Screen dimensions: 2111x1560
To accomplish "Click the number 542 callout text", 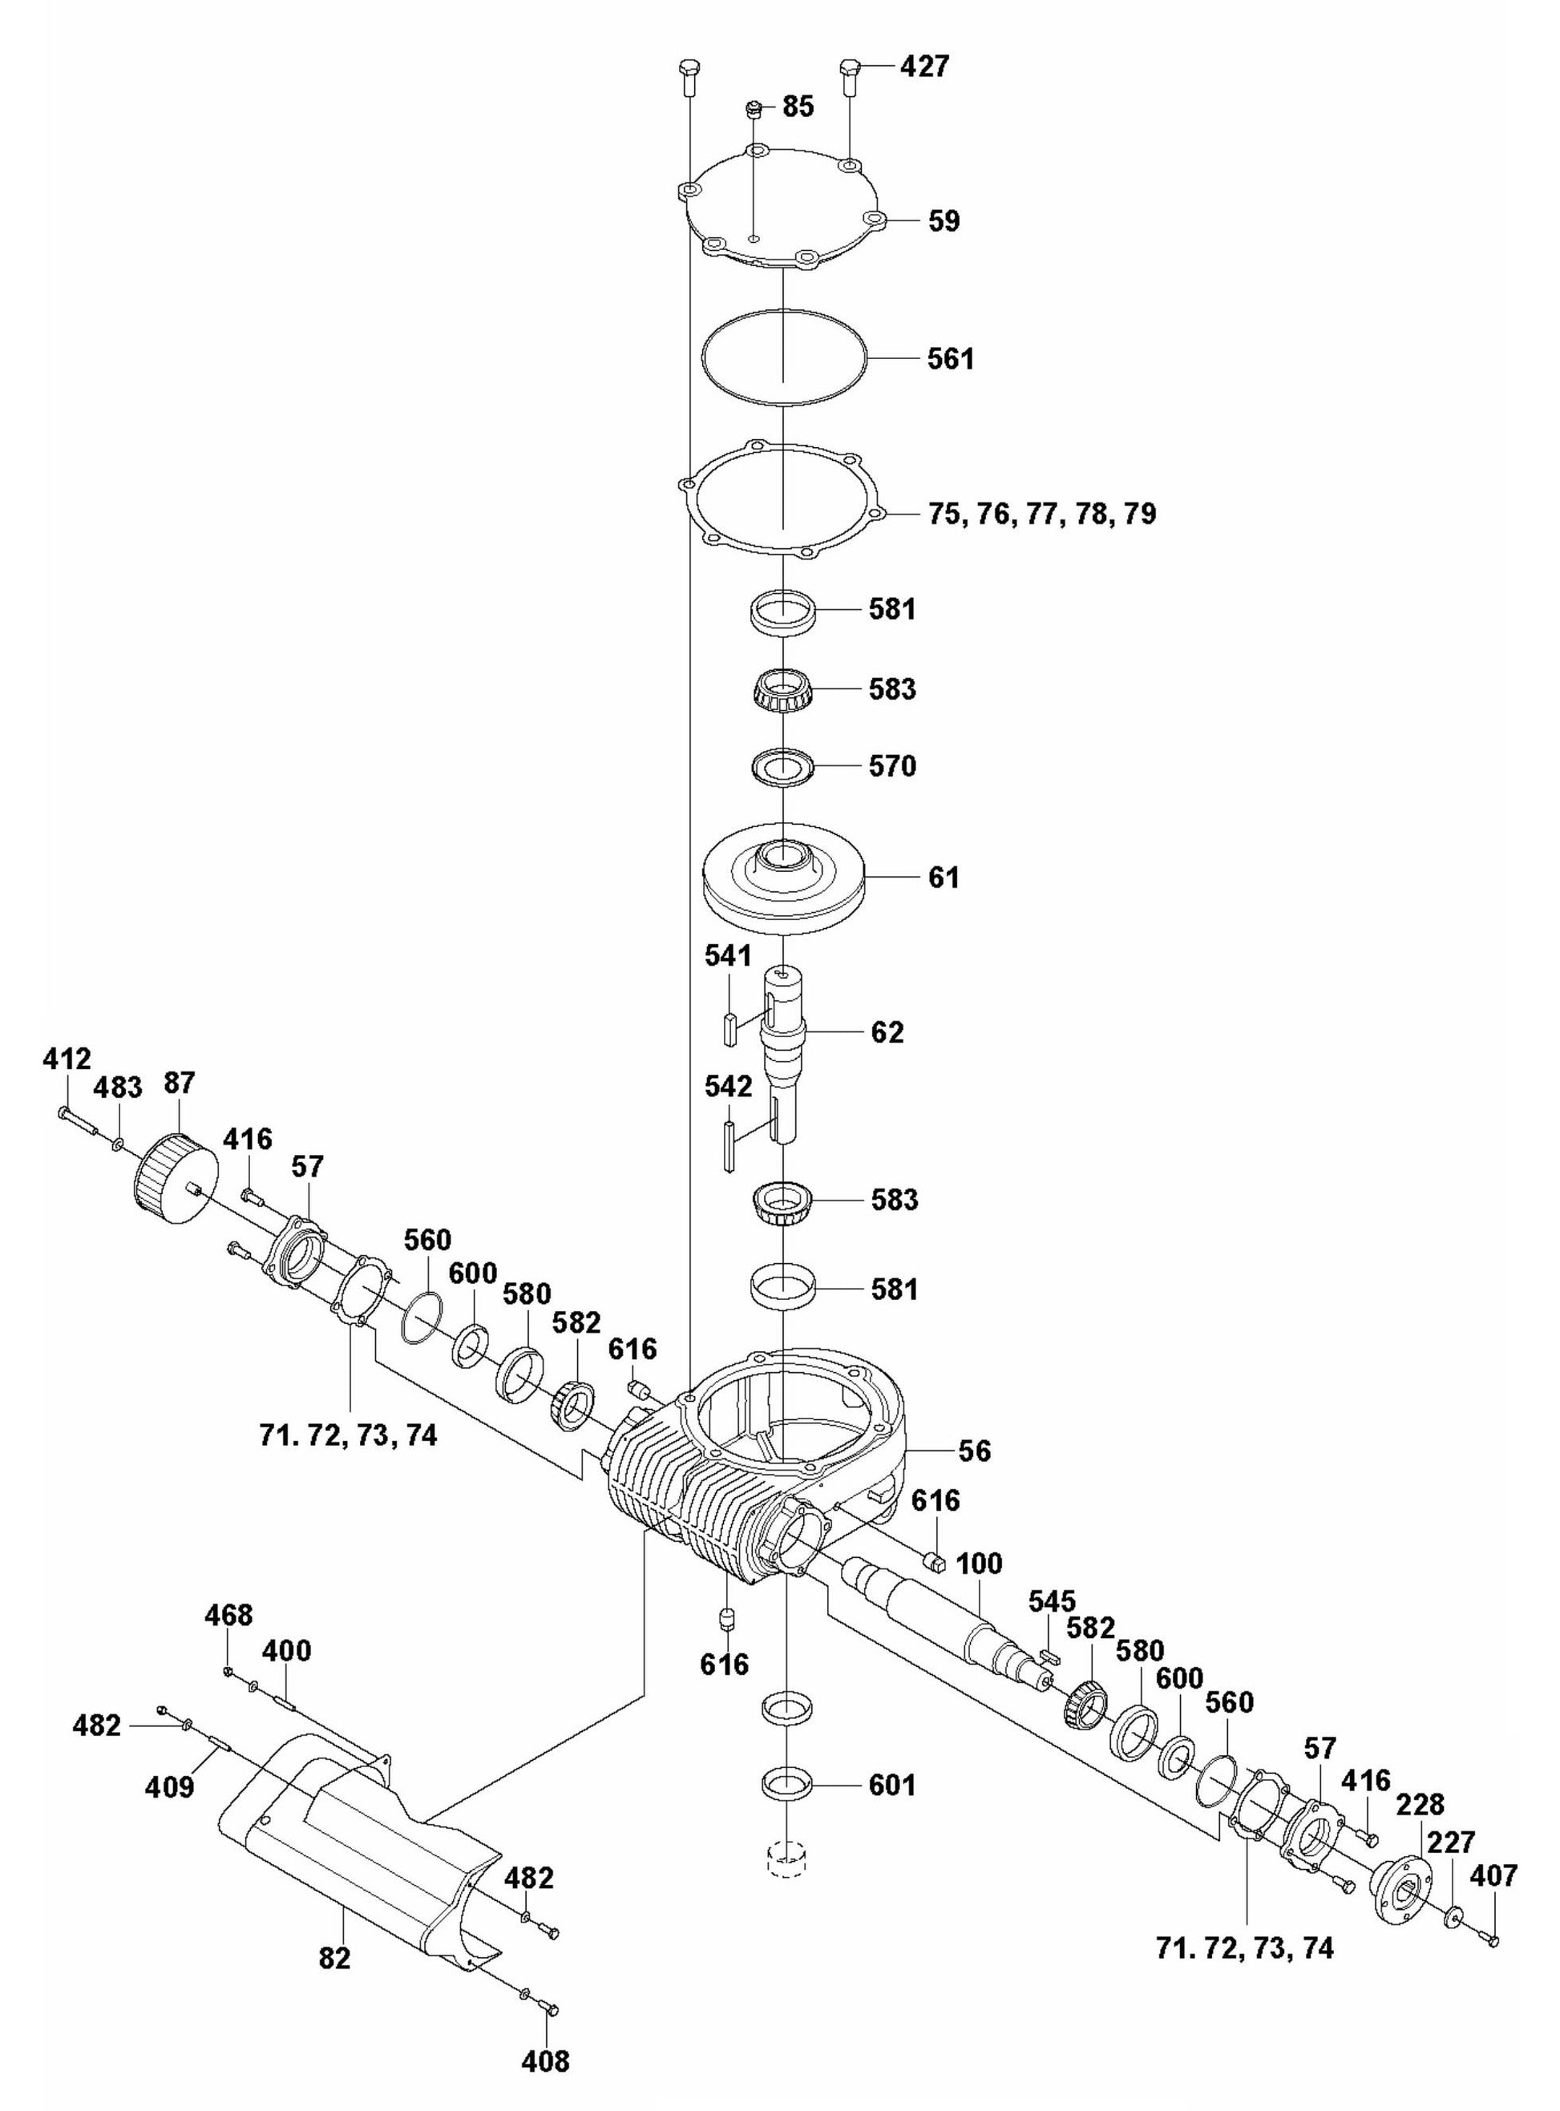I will click(x=728, y=1086).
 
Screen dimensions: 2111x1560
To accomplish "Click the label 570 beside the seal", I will click(x=892, y=765).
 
